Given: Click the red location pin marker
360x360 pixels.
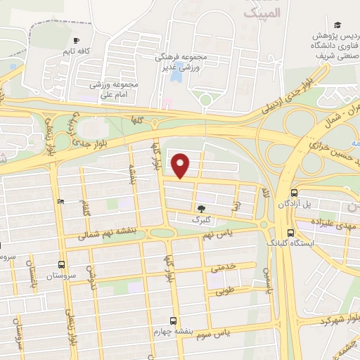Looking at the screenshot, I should pos(181,165).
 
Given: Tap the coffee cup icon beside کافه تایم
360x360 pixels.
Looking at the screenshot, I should pos(76,40).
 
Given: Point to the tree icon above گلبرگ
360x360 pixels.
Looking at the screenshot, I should pos(202,208).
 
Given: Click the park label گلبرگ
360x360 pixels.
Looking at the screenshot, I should pos(202,219).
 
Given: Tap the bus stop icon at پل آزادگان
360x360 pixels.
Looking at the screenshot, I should pos(293,193).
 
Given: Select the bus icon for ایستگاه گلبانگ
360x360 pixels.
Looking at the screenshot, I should pos(290,233).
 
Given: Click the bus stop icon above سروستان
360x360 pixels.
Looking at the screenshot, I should pos(62,265).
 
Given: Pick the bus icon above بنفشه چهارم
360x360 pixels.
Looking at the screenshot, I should pos(174,320).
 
